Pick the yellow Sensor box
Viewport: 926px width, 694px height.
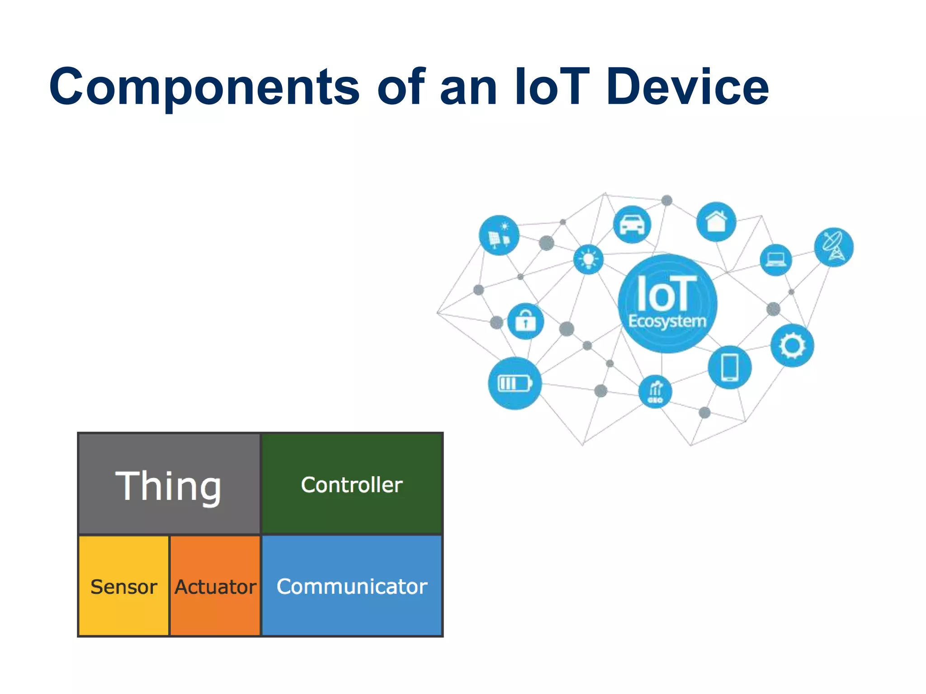(x=123, y=586)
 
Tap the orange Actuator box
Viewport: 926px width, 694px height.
(x=215, y=586)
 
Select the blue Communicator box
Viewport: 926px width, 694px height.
(x=352, y=586)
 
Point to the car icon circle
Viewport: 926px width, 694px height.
(x=632, y=224)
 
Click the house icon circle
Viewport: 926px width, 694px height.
(x=716, y=221)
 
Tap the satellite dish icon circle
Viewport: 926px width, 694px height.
(x=833, y=247)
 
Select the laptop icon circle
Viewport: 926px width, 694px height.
(x=776, y=260)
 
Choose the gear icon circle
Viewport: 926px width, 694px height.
(x=792, y=346)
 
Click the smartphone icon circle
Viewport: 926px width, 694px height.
(x=730, y=367)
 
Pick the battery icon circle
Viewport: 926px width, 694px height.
(x=515, y=384)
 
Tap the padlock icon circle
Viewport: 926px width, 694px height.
(x=525, y=321)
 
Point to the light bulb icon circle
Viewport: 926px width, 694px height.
(x=588, y=259)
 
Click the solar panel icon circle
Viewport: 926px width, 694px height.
(x=499, y=235)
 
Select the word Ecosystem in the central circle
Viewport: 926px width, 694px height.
(x=667, y=321)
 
